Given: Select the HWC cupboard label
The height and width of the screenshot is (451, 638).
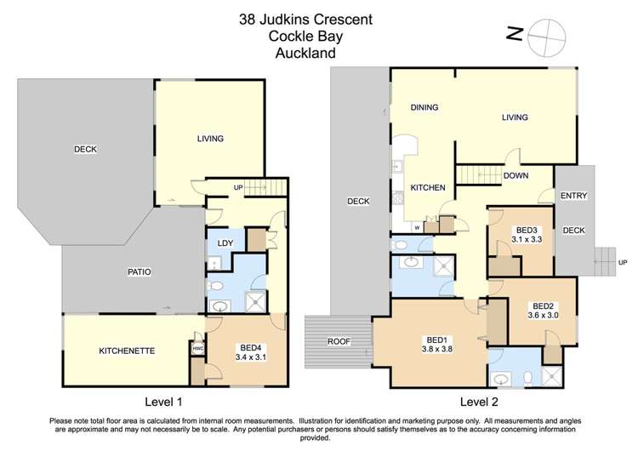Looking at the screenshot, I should (198, 349).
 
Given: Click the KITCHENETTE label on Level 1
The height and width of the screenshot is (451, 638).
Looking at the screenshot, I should (127, 350).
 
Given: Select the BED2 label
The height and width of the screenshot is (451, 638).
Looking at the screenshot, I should (543, 305).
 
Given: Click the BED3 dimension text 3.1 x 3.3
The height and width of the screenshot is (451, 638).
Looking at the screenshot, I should (528, 240).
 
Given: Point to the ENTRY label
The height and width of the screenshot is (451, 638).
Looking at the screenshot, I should (573, 196).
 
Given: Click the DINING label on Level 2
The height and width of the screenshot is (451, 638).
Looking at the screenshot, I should (424, 107).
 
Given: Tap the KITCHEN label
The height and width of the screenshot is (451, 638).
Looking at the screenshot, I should (428, 187).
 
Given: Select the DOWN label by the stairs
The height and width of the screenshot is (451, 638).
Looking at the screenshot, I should (516, 176).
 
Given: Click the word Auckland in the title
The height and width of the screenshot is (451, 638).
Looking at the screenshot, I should (305, 53).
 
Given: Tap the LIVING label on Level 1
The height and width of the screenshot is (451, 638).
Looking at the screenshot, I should (210, 139).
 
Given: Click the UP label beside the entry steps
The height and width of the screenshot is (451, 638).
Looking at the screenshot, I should (623, 262).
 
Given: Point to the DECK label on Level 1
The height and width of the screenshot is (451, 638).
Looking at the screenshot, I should (85, 150).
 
